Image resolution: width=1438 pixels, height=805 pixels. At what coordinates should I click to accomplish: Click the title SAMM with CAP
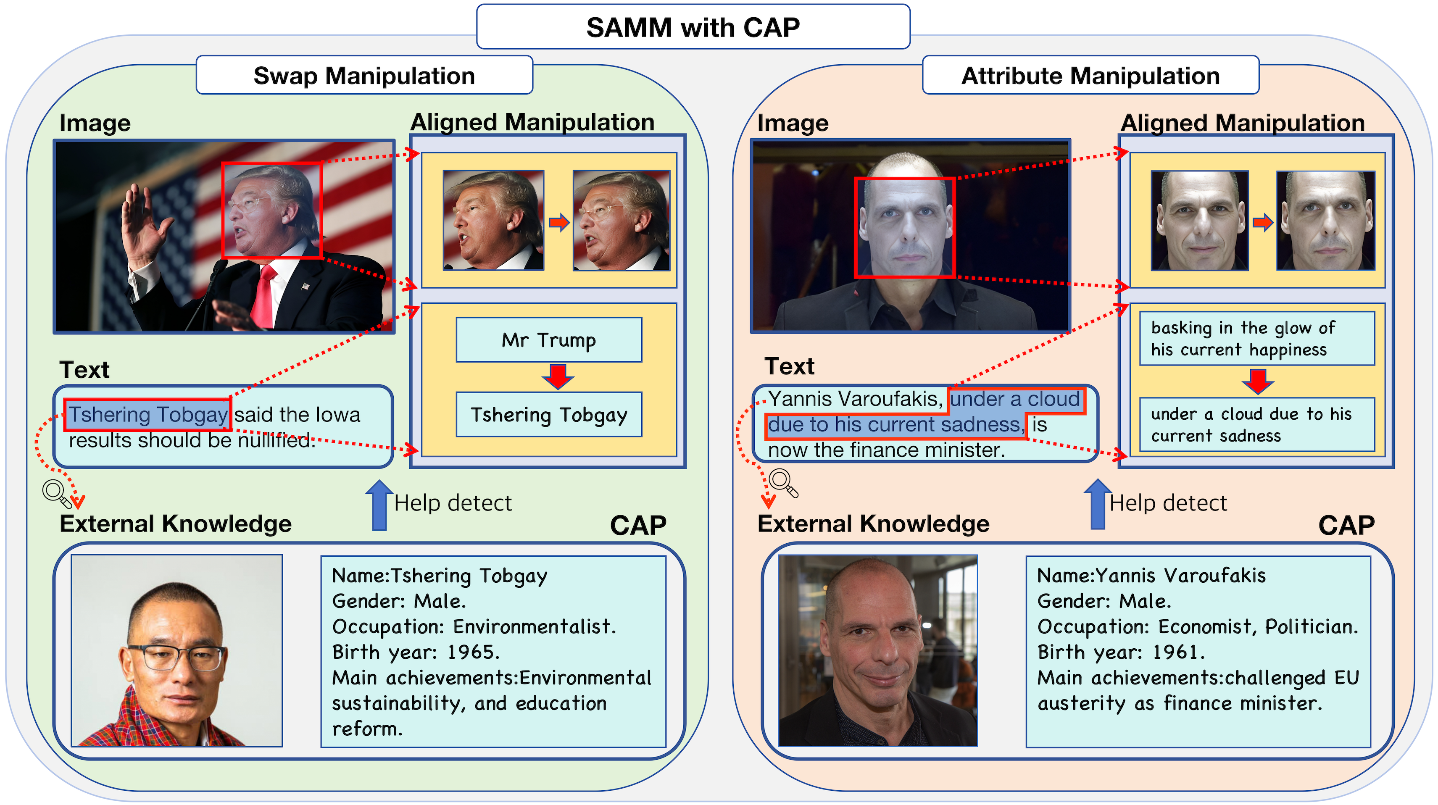693,27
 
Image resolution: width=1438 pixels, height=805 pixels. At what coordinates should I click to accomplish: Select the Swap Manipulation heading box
364,75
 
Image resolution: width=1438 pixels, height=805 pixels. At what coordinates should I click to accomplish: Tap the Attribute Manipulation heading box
1090,75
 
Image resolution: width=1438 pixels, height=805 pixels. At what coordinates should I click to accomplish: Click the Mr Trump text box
549,340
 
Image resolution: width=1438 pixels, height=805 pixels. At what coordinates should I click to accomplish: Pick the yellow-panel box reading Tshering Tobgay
549,415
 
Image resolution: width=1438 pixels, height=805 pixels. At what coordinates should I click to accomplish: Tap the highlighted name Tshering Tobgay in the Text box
147,415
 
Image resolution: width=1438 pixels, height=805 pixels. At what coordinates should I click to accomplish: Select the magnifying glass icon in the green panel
56,493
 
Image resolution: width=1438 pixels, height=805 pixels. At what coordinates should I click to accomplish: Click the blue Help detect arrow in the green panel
379,505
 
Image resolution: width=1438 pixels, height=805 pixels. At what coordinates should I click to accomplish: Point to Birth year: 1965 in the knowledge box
416,652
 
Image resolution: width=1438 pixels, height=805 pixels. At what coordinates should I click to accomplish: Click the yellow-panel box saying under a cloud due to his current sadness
1256,425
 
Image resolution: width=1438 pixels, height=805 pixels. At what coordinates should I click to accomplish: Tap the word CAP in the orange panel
1346,525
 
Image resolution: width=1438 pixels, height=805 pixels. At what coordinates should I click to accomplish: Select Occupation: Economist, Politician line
1197,626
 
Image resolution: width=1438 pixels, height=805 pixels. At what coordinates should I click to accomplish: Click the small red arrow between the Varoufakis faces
1263,223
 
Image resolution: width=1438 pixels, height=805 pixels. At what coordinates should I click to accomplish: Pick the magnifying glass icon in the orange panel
782,482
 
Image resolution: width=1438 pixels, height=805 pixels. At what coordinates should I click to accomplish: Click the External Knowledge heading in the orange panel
873,524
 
